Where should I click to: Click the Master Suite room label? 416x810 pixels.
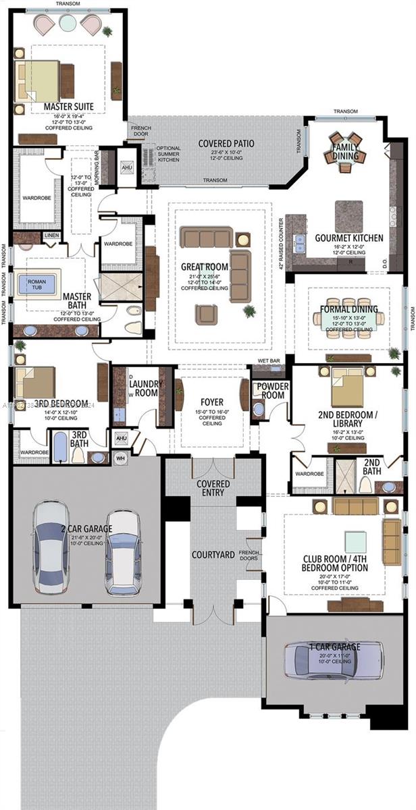coord(68,107)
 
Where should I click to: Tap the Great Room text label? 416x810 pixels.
coord(204,267)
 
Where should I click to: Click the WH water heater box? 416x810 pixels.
coord(122,458)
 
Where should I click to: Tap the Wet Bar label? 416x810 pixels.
coord(269,361)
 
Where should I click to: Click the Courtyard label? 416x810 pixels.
coord(213,555)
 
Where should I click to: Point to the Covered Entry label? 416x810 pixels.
coord(213,489)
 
